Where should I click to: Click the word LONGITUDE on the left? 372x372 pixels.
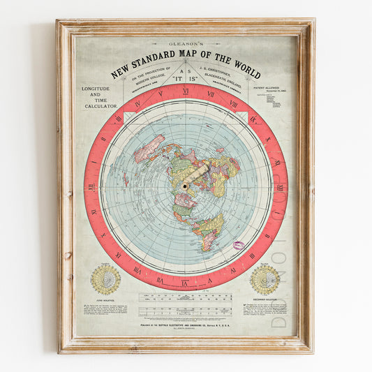[x=101, y=89]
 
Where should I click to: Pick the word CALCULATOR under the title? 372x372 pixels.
[x=101, y=105]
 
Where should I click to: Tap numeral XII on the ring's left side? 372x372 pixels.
[x=91, y=188]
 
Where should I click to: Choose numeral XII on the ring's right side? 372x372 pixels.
[x=280, y=188]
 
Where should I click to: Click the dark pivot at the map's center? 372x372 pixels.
[x=185, y=187]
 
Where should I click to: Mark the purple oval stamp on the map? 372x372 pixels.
[x=239, y=246]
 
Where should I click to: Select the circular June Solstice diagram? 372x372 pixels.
[x=106, y=278]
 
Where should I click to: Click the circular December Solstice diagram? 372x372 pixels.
[x=265, y=278]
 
